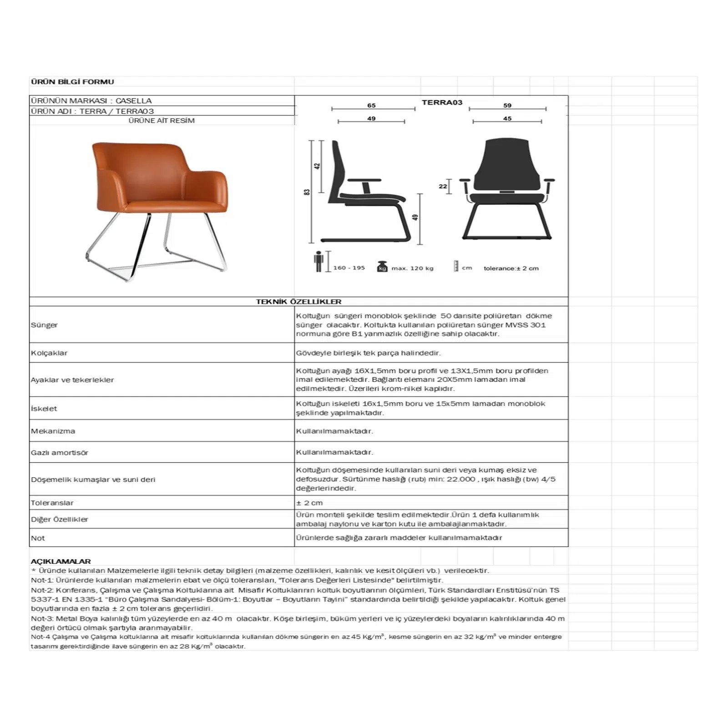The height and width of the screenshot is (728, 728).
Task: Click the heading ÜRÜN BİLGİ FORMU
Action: [72, 82]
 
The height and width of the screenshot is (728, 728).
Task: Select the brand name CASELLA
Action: [133, 101]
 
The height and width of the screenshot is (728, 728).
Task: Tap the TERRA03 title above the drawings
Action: [442, 102]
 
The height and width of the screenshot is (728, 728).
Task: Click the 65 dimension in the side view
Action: [371, 106]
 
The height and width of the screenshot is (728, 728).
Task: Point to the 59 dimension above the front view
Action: [507, 106]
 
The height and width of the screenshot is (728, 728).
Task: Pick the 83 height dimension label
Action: [307, 192]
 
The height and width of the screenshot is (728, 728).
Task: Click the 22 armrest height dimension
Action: [443, 186]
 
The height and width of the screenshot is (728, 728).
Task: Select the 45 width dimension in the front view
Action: [507, 118]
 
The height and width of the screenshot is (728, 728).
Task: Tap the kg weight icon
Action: [382, 267]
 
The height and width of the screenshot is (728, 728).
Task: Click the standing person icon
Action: [318, 262]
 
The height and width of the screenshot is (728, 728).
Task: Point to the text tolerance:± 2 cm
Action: [511, 268]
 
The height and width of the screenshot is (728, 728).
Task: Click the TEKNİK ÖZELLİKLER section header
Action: [298, 302]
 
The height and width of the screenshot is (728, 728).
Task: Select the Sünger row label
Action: [44, 325]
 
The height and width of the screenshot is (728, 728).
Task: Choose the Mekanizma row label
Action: [53, 431]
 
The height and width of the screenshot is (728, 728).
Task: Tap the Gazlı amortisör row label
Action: [59, 453]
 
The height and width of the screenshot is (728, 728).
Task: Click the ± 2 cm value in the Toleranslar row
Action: [309, 503]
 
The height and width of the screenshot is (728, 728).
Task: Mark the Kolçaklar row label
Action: [49, 353]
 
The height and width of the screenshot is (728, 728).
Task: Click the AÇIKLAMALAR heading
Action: [61, 561]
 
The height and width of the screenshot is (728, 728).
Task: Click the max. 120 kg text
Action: [412, 268]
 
